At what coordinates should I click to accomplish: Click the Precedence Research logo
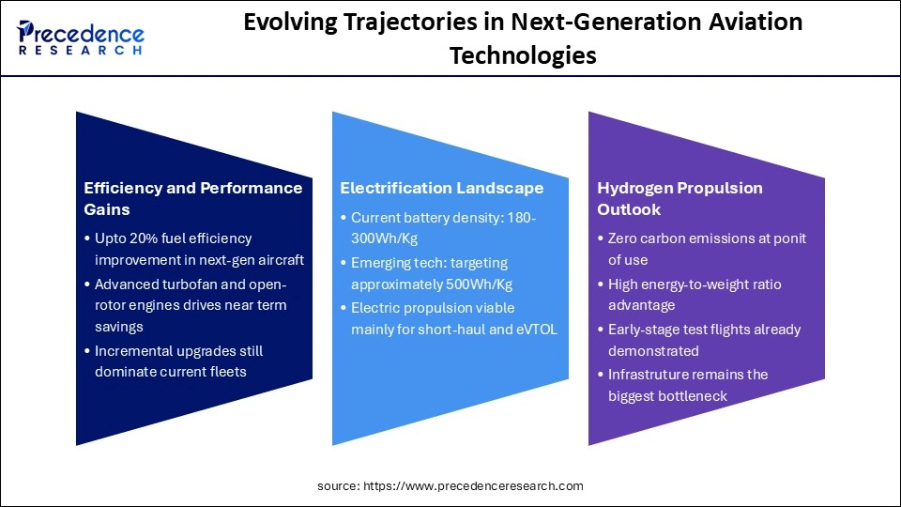point(81,38)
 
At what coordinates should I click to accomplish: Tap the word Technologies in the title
point(523,55)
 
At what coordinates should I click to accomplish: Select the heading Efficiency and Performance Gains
point(192,197)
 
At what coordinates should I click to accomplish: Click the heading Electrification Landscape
point(441,188)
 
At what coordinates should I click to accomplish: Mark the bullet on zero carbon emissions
point(706,249)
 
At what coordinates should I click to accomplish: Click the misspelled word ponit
point(788,238)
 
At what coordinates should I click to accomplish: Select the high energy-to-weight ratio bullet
point(695,295)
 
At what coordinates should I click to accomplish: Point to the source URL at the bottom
point(450,485)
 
